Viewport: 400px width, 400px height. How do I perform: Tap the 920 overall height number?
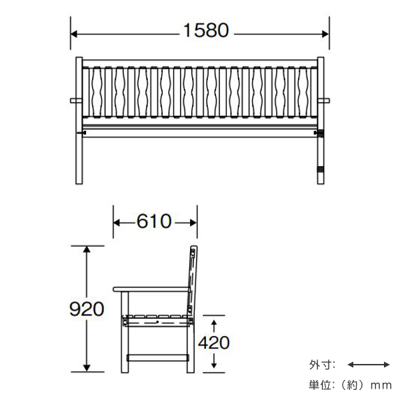tap(87, 308)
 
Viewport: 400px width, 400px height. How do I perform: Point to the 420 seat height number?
tap(213, 342)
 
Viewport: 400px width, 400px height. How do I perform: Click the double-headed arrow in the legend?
tap(369, 364)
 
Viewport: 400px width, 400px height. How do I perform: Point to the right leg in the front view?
tap(321, 153)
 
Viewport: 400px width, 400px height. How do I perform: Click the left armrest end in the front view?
tap(73, 101)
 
